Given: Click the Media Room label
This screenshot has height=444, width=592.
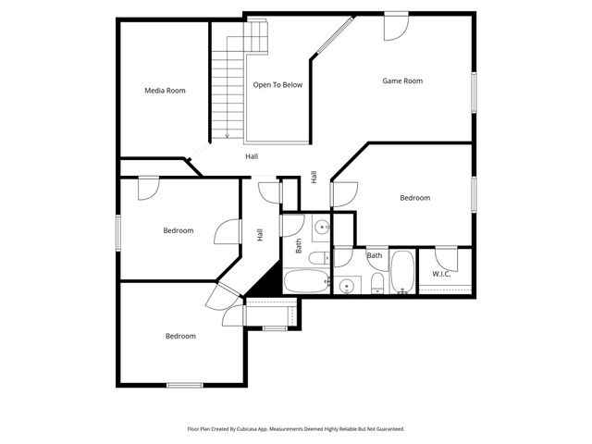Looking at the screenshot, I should click(x=165, y=91).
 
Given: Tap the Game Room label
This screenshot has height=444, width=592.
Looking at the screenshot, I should click(x=402, y=81).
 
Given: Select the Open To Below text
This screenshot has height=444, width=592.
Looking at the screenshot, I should click(x=277, y=85).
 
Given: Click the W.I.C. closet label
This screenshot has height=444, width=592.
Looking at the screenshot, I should click(x=441, y=274).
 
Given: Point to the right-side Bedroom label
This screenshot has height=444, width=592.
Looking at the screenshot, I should click(x=414, y=198).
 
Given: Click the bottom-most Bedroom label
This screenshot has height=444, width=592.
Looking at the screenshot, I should click(x=180, y=337).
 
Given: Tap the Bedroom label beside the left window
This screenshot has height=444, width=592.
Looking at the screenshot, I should click(x=179, y=230).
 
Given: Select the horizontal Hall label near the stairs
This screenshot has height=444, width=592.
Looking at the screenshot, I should click(x=252, y=156).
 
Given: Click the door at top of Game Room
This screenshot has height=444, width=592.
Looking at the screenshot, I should click(x=397, y=24).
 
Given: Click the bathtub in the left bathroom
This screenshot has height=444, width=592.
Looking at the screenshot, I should click(x=305, y=281).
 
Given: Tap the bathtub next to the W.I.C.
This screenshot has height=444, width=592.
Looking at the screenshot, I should click(x=404, y=271).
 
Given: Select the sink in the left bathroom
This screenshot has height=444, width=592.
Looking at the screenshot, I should click(x=319, y=227).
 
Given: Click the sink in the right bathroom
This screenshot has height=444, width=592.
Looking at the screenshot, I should click(x=347, y=286).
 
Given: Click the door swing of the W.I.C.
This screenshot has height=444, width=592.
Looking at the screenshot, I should click(x=446, y=254).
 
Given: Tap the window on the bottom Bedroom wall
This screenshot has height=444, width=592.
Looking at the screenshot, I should click(x=184, y=385).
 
